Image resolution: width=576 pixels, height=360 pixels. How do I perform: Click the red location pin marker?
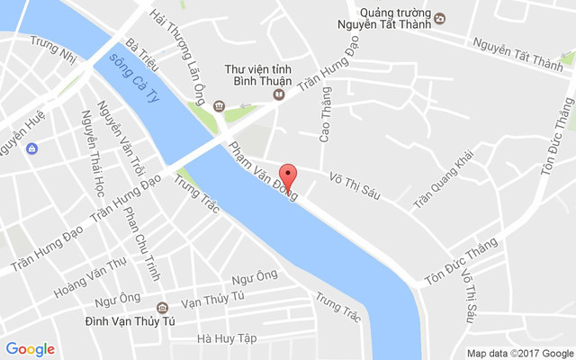pyautogui.click(x=288, y=174)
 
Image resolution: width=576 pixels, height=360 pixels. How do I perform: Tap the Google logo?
pyautogui.click(x=30, y=349)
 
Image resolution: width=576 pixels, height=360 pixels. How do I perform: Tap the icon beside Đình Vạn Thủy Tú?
pyautogui.click(x=162, y=306)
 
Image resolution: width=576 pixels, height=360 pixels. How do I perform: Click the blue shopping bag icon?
pyautogui.click(x=32, y=148)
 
